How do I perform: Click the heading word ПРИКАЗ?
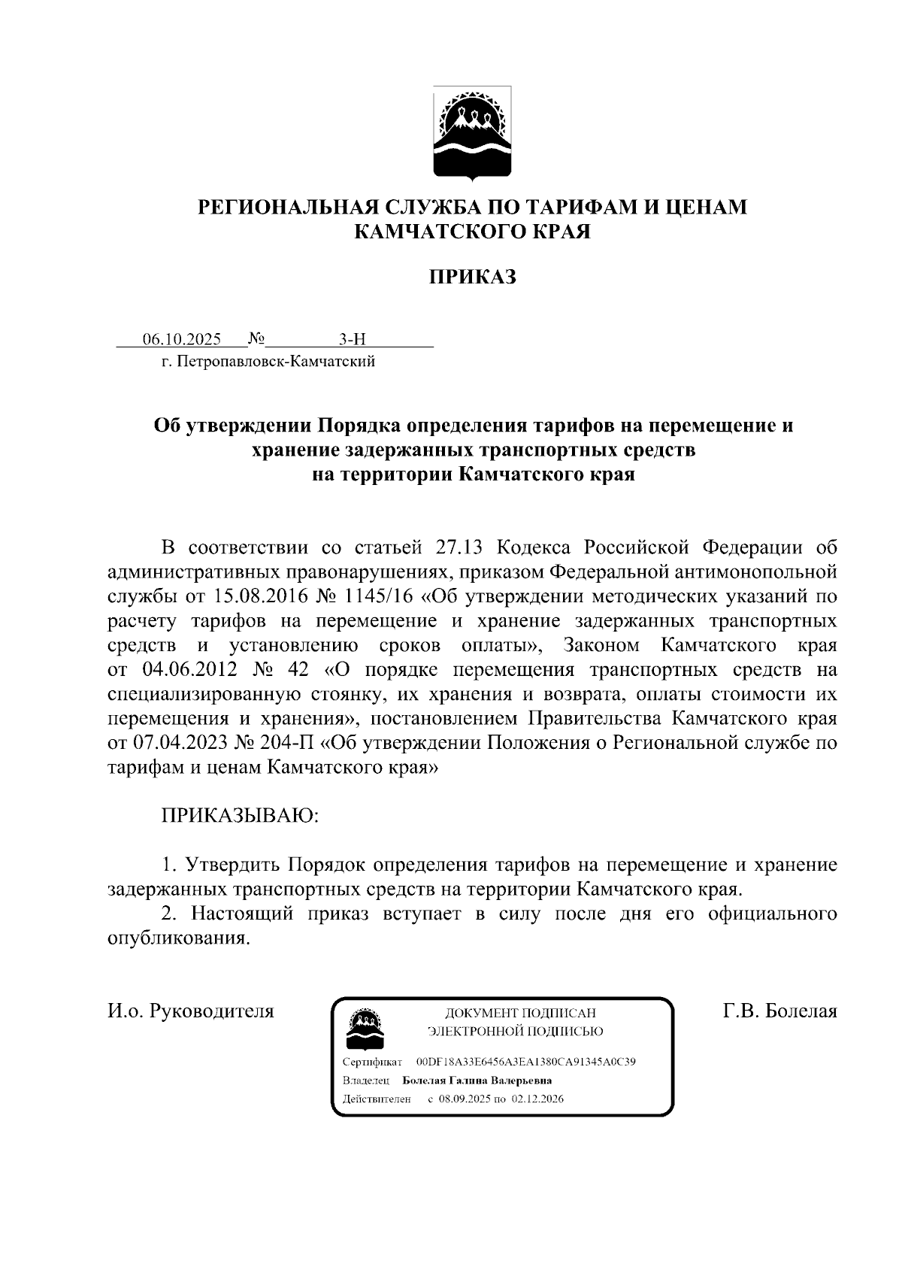pos(473,277)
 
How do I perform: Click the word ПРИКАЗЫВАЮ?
pos(241,816)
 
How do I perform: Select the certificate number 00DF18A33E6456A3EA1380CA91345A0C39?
pos(526,1062)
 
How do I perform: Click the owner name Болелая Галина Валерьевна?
pos(477,1081)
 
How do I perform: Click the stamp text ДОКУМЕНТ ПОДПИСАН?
pos(520,1013)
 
